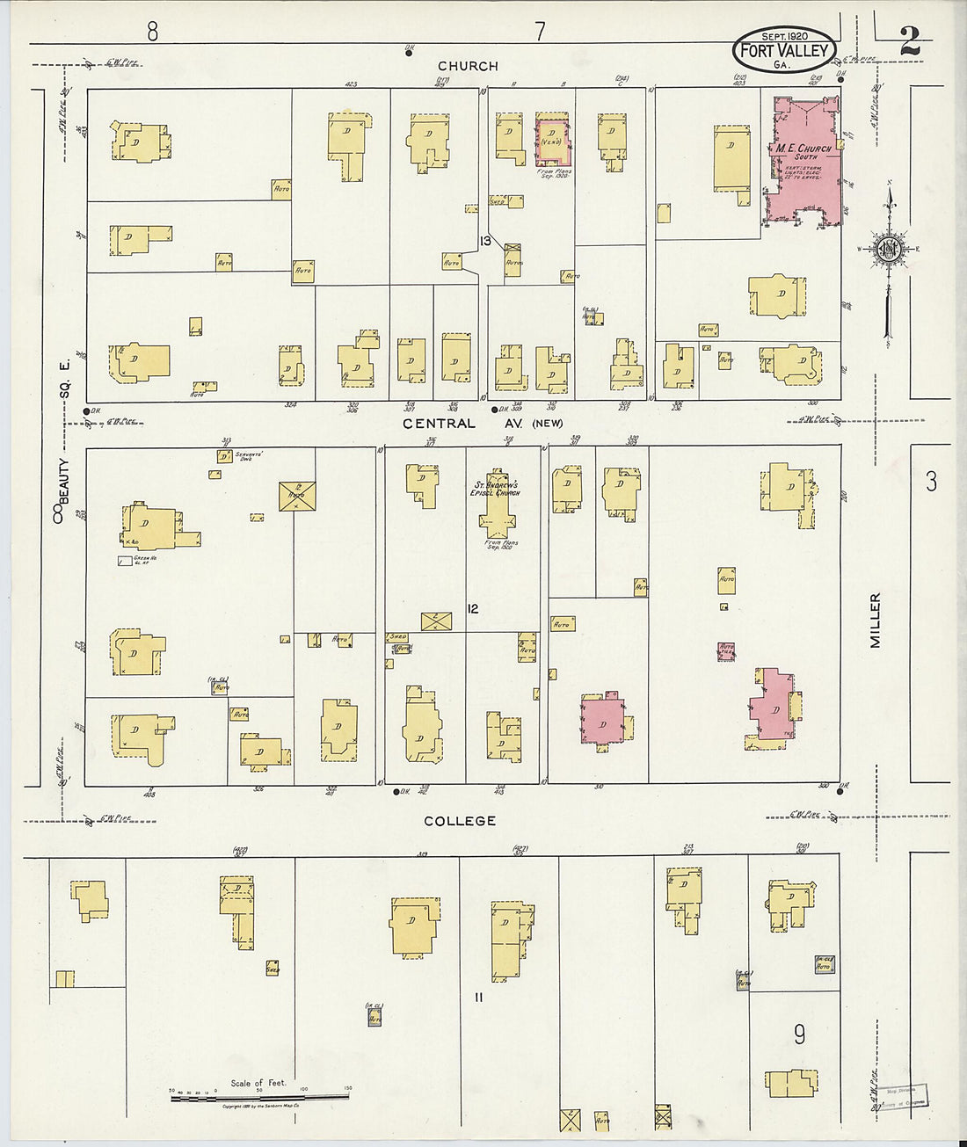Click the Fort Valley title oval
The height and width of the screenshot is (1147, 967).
(x=783, y=50)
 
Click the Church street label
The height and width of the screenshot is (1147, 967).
(x=468, y=66)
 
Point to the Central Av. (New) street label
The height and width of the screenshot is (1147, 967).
(x=482, y=424)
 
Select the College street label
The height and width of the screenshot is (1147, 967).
(x=460, y=821)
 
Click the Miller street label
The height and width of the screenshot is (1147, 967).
(x=875, y=621)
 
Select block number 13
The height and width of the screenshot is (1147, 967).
(x=484, y=241)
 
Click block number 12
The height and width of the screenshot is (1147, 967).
(x=473, y=608)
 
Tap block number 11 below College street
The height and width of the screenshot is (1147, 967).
(x=478, y=997)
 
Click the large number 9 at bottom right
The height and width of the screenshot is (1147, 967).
(x=799, y=1034)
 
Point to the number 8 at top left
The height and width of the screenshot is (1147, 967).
(x=152, y=32)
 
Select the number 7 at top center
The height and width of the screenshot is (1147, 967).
(x=539, y=32)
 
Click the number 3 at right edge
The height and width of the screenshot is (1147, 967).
(x=931, y=481)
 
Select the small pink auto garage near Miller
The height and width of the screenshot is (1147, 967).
(x=726, y=651)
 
